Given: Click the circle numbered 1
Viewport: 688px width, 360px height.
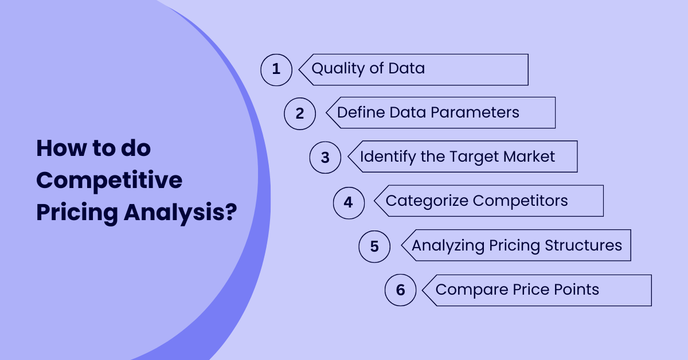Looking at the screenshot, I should (x=276, y=70).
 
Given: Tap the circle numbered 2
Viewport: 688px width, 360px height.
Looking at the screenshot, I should (x=300, y=114).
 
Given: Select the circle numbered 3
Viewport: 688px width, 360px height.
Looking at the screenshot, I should (x=325, y=157).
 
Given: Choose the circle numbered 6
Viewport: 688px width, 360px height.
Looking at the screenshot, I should (x=400, y=290).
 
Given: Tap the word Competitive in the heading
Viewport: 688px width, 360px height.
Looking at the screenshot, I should (x=110, y=181).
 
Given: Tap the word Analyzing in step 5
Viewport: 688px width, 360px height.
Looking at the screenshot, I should (x=448, y=246).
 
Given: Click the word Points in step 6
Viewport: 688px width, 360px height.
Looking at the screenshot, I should (x=577, y=289).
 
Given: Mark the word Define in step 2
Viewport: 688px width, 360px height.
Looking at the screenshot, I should (x=360, y=112).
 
